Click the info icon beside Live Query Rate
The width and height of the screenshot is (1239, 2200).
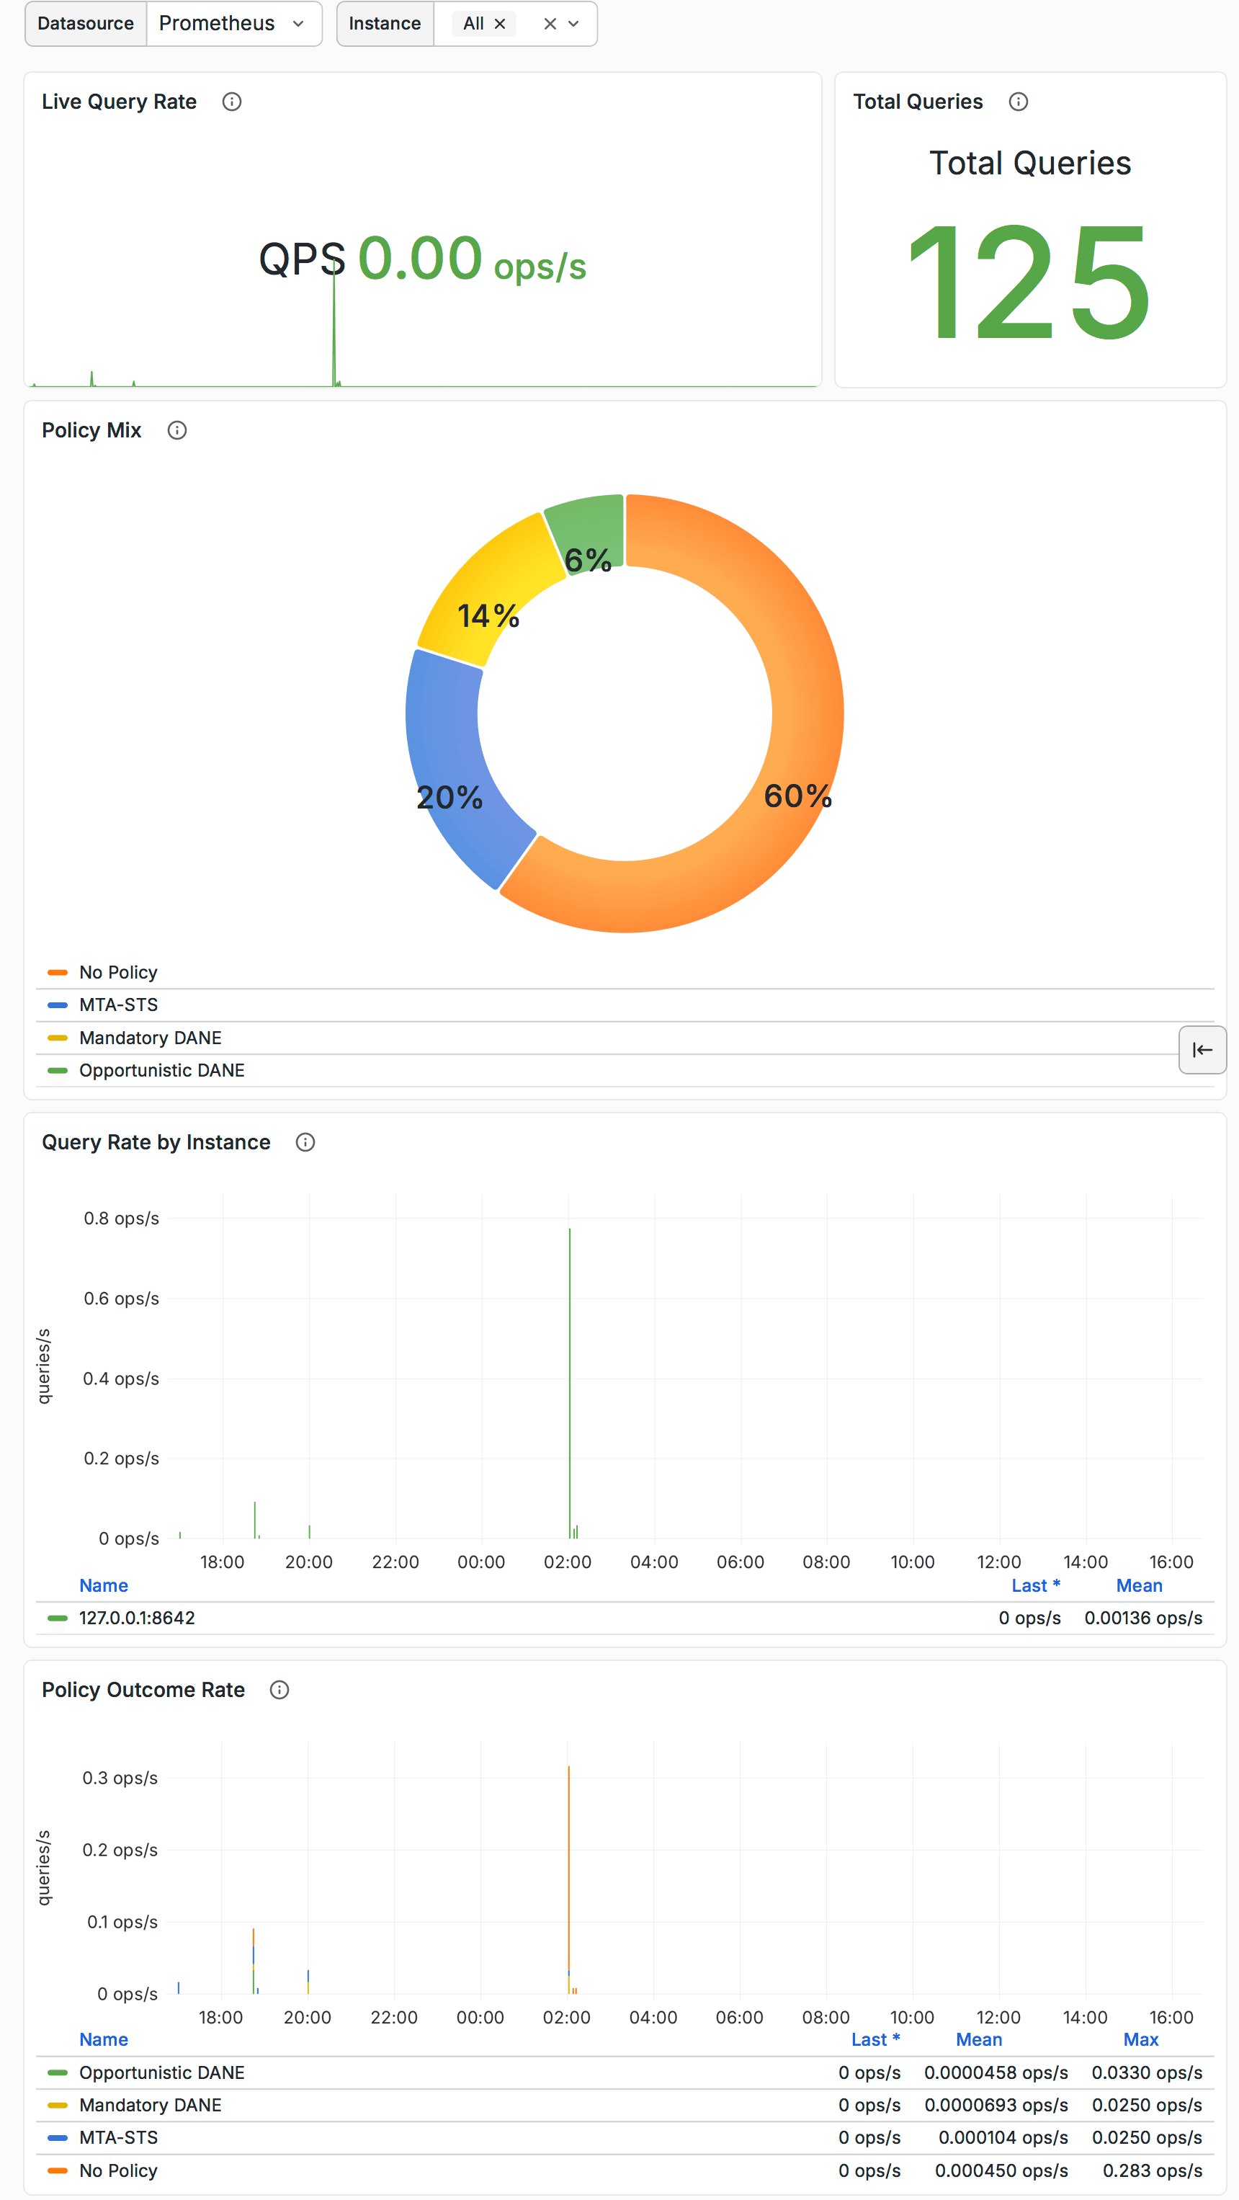[231, 102]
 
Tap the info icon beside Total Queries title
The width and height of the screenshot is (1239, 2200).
[1018, 102]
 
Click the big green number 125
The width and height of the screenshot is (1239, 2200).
[1029, 282]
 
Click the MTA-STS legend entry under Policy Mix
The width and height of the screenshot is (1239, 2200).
[119, 1005]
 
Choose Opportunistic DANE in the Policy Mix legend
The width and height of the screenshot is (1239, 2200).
[161, 1070]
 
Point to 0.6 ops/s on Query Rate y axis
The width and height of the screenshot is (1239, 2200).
[121, 1298]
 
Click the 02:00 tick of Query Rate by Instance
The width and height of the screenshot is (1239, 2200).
[568, 1562]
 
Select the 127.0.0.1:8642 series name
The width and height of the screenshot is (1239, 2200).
[137, 1618]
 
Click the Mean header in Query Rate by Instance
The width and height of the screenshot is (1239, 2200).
[1139, 1585]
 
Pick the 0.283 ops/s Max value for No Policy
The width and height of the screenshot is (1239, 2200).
[1152, 2170]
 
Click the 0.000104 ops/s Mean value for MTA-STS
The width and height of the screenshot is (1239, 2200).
[1003, 2137]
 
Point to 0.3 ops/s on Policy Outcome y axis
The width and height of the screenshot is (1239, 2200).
[120, 1778]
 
